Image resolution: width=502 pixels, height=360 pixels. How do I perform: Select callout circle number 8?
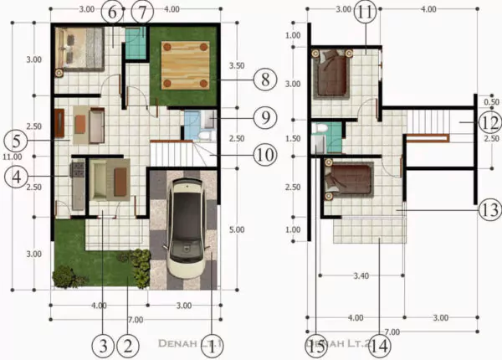point(264,80)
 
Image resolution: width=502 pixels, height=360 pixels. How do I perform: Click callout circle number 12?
point(490,121)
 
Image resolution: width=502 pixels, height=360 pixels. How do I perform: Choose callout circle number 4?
point(15,177)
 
